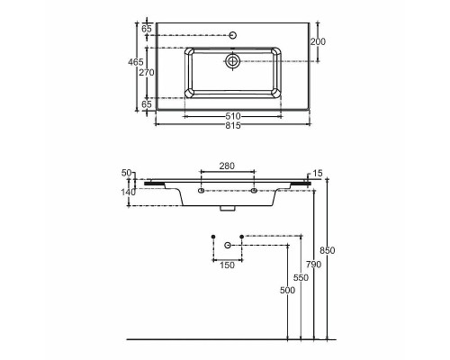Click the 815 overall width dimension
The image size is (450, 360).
pos(233,125)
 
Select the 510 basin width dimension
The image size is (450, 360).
pos(233,116)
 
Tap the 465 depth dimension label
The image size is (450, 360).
pos(136,62)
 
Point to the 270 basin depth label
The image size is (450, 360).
pos(147,73)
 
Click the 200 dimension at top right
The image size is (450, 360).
pos(318,41)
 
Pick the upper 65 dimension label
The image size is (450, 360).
pos(147,29)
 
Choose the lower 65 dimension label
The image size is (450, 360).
pos(147,104)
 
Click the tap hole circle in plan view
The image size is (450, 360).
pos(233,35)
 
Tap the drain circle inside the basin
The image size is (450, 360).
pos(232,61)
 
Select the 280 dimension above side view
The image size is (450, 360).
pos(227,166)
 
